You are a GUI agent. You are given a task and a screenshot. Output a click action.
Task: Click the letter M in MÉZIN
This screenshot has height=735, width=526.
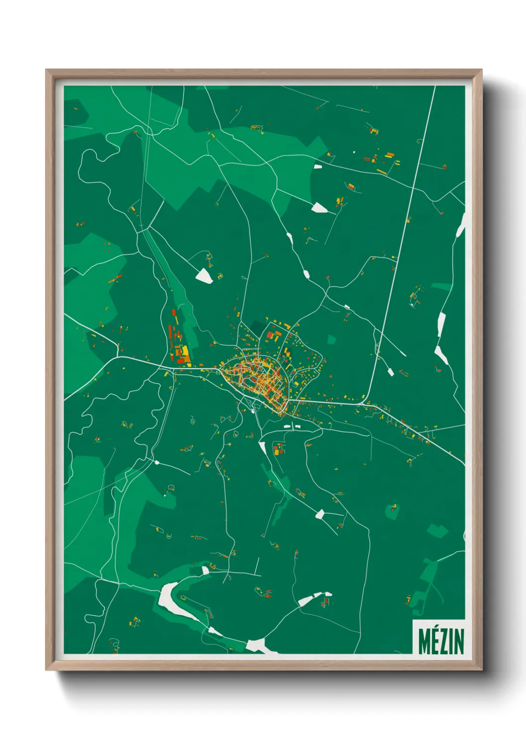[x=425, y=642]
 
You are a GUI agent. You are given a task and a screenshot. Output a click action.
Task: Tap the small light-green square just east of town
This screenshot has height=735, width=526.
[x=332, y=340]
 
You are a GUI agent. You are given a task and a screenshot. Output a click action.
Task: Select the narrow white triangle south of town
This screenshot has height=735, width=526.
[x=263, y=447]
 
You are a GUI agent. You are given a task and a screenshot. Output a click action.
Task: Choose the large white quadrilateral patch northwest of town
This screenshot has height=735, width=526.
[x=204, y=276]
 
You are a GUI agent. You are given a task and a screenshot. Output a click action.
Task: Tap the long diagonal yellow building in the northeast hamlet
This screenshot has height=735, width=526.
[x=381, y=171]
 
